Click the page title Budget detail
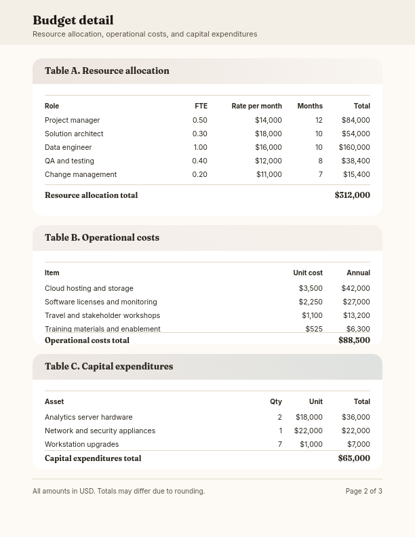73,20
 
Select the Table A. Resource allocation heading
107,71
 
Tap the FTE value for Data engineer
200,147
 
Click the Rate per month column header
256,106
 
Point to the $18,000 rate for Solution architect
269,134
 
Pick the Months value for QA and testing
320,161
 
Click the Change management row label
81,174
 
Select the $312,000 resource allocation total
352,195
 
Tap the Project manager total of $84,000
355,120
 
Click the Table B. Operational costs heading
102,237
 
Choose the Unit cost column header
307,273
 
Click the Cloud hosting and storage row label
89,288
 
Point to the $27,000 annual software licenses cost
356,302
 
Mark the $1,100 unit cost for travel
312,315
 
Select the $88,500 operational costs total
354,340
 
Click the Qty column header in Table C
275,401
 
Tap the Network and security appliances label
100,431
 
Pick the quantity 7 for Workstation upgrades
279,444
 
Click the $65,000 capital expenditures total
354,458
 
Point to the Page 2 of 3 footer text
363,491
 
